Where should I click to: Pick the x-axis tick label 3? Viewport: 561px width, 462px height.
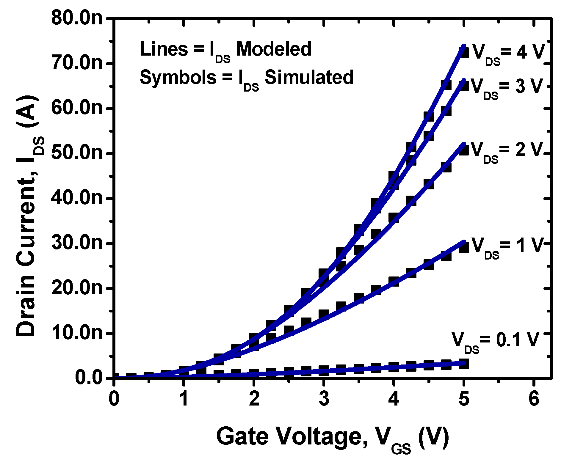coord(324,399)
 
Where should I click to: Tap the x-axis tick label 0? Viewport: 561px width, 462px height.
coord(114,399)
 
